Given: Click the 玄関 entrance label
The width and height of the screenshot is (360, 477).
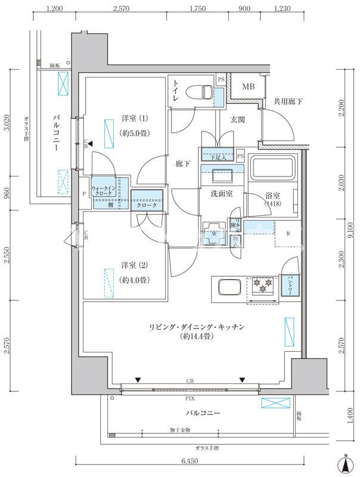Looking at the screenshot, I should pos(238,120).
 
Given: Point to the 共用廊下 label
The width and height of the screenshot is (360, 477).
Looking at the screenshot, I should pos(288,102).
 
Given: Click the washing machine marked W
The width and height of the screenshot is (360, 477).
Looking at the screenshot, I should pos(213,233).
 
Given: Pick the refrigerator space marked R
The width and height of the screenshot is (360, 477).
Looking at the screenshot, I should pos(288,233).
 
